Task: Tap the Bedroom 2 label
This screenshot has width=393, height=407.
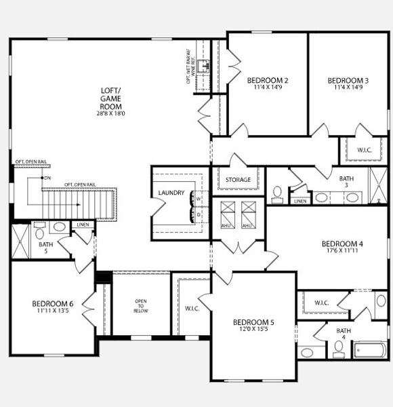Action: [x=268, y=81]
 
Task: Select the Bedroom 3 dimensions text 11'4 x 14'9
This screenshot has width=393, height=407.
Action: [x=347, y=88]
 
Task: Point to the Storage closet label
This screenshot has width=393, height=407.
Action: [x=238, y=180]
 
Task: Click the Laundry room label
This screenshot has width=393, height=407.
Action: [x=171, y=193]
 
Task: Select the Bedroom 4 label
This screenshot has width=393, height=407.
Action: [x=342, y=244]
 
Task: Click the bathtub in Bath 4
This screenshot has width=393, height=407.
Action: [x=370, y=351]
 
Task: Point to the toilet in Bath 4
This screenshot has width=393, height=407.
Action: [x=339, y=349]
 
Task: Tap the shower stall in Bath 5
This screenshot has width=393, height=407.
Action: [x=20, y=241]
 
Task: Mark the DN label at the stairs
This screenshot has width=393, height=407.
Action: [x=47, y=178]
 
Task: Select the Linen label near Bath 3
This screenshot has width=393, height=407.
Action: [x=300, y=201]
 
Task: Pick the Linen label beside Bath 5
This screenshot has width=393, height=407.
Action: [x=83, y=224]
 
